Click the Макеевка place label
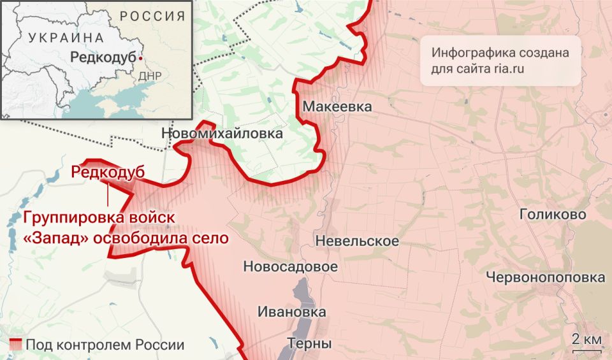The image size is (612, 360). tap(337, 106)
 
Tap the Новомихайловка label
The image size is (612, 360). tap(222, 134)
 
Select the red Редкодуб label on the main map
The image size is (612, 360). tap(108, 172)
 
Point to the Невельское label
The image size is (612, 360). tap(357, 241)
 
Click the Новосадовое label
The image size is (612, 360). tap(290, 267)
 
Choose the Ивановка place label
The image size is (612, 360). tap(292, 312)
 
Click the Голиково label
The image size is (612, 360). tap(553, 215)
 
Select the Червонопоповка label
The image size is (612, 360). tap(545, 278)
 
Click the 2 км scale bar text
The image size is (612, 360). tap(586, 338)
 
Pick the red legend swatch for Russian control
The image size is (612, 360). tap(17, 345)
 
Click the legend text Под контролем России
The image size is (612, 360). tap(105, 345)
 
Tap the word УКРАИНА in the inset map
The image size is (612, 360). tap(66, 38)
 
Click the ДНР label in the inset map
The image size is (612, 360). tap(150, 76)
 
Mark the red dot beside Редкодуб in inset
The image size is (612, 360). tap(140, 57)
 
